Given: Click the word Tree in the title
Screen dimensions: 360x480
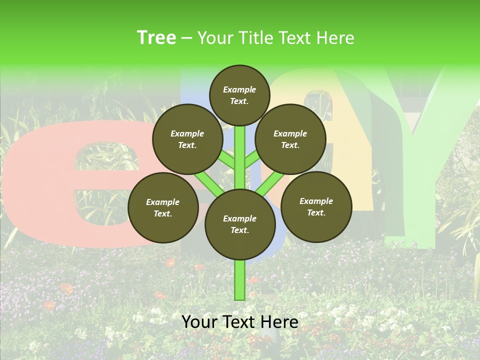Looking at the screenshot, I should [156, 37].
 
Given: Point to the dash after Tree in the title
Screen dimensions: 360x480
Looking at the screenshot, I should [187, 38].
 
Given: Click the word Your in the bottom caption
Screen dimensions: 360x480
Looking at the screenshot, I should [199, 321].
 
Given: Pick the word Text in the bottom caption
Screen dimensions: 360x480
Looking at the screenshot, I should [239, 321].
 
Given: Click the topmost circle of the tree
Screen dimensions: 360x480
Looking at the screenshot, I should [239, 95].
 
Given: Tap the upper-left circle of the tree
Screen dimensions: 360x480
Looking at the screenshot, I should [187, 139].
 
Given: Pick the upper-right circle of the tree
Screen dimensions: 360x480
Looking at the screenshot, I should [290, 139].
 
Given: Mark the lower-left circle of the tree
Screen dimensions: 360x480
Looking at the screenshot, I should [163, 207].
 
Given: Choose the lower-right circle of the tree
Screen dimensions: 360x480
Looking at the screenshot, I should [316, 206].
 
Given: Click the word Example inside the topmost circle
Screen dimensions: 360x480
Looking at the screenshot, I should [239, 89].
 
